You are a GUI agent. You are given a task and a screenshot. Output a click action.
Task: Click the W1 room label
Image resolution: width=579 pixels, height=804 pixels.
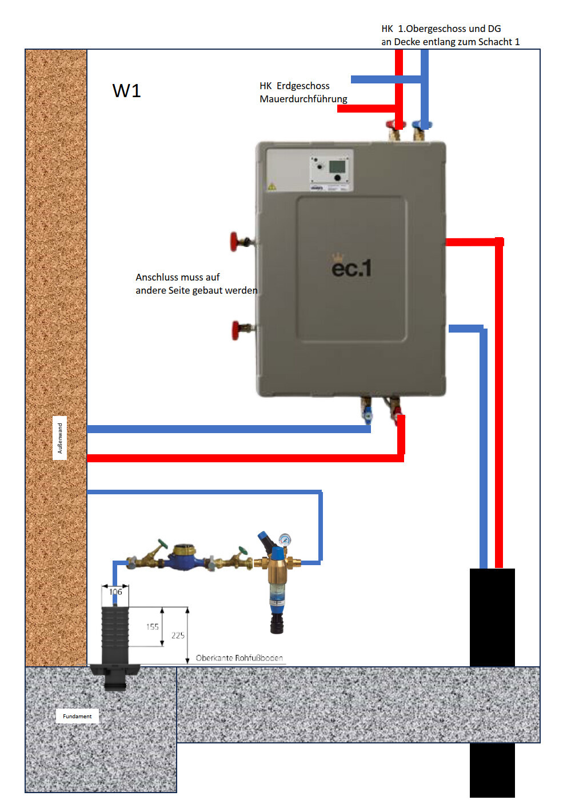click(x=126, y=91)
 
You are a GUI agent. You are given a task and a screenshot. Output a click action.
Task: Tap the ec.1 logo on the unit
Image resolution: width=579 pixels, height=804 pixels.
click(x=352, y=267)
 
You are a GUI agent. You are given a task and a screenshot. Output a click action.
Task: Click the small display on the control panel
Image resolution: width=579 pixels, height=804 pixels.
click(x=338, y=166)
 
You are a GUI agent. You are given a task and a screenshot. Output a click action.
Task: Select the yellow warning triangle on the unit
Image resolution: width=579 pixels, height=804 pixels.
click(x=272, y=186)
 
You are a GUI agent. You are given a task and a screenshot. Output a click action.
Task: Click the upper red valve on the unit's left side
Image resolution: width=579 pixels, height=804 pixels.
click(x=235, y=241)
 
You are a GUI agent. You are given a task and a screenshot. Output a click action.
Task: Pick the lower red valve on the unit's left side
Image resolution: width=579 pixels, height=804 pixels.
click(x=236, y=330)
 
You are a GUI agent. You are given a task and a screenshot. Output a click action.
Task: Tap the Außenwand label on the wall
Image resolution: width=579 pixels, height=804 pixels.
click(x=59, y=438)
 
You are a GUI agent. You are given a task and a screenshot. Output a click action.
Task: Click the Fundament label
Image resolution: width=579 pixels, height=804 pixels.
click(x=77, y=716)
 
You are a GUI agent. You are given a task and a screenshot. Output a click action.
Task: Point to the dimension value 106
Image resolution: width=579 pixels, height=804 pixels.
click(x=115, y=592)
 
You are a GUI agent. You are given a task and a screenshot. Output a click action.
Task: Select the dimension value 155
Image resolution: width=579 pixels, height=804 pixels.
click(x=152, y=627)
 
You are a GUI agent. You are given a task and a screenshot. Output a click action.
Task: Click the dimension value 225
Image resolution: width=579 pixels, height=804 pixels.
click(x=178, y=635)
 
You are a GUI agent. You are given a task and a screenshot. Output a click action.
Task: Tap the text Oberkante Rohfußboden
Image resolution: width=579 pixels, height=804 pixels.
click(x=239, y=658)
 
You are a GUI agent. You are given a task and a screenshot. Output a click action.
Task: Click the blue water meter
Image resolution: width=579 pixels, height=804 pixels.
click(x=183, y=558)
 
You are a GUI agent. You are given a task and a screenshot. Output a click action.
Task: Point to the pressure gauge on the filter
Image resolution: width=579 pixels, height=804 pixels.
click(x=285, y=539)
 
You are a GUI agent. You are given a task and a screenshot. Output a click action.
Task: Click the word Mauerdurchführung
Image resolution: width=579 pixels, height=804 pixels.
click(x=304, y=99)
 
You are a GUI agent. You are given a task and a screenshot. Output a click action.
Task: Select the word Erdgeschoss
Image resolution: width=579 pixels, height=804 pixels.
click(x=303, y=86)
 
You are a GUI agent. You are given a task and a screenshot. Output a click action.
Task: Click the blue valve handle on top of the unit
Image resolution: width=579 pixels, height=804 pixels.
click(x=422, y=125)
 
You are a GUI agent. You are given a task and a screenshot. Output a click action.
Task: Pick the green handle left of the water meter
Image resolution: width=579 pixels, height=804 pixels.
click(x=162, y=545)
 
